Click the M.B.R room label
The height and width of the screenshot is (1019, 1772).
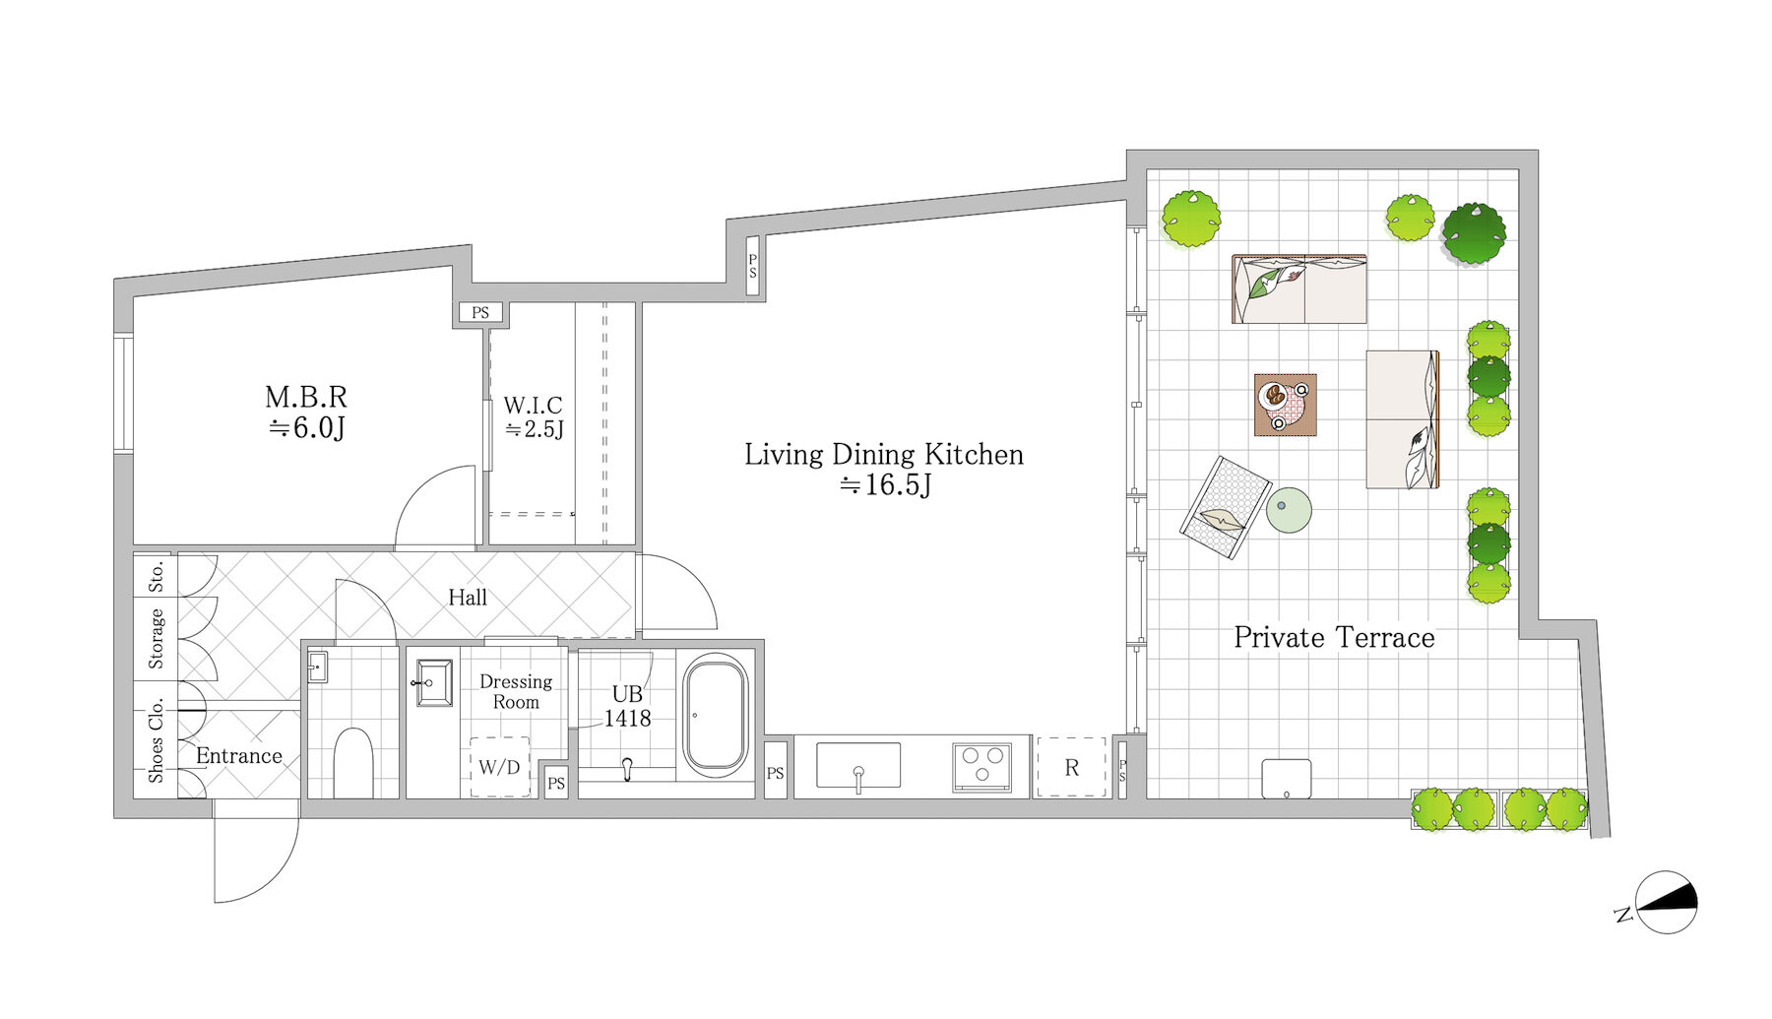click(306, 397)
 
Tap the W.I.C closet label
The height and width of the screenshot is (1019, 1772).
click(533, 405)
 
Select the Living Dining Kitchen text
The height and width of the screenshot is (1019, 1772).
click(884, 454)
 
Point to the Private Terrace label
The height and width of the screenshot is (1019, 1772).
click(1334, 637)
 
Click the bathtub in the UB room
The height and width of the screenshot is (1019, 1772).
click(716, 715)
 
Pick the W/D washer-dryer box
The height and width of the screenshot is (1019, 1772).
click(500, 767)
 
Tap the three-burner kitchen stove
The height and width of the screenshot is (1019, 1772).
click(981, 767)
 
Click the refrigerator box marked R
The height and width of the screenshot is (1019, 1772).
click(1071, 767)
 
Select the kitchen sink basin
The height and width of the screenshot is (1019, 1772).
click(858, 766)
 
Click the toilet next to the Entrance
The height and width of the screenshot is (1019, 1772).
click(352, 763)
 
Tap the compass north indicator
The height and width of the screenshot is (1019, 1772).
click(1666, 902)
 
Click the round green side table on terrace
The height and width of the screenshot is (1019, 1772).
click(1289, 511)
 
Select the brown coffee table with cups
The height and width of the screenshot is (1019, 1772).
click(1286, 405)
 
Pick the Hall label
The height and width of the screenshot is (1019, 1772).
click(468, 598)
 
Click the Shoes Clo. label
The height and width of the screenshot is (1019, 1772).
click(156, 740)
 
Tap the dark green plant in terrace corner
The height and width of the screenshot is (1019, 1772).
click(1474, 234)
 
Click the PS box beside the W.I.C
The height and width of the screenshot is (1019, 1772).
click(480, 313)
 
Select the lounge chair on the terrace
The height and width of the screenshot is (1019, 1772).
click(1225, 508)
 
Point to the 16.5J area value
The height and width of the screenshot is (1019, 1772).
click(885, 484)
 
